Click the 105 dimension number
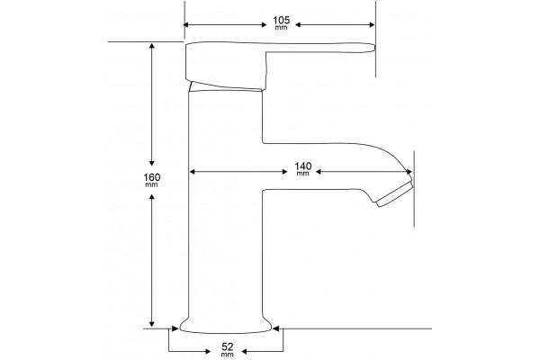[x=282, y=20]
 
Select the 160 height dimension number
[x=152, y=177]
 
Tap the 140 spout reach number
[x=302, y=166]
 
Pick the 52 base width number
[x=228, y=346]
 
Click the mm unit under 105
[x=281, y=28]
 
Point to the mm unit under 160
[x=151, y=185]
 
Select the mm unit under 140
[x=302, y=174]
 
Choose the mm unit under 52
[x=228, y=355]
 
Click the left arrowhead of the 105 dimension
[x=186, y=25]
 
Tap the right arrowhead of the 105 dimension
[x=372, y=25]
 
